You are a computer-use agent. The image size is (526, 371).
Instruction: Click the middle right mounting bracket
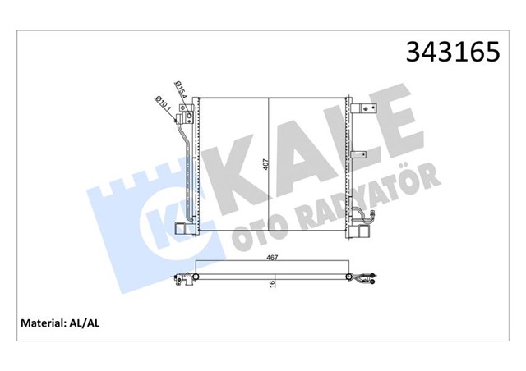360,154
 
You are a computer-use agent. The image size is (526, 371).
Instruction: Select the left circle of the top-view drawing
195,277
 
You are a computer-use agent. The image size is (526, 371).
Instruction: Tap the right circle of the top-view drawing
351,277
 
